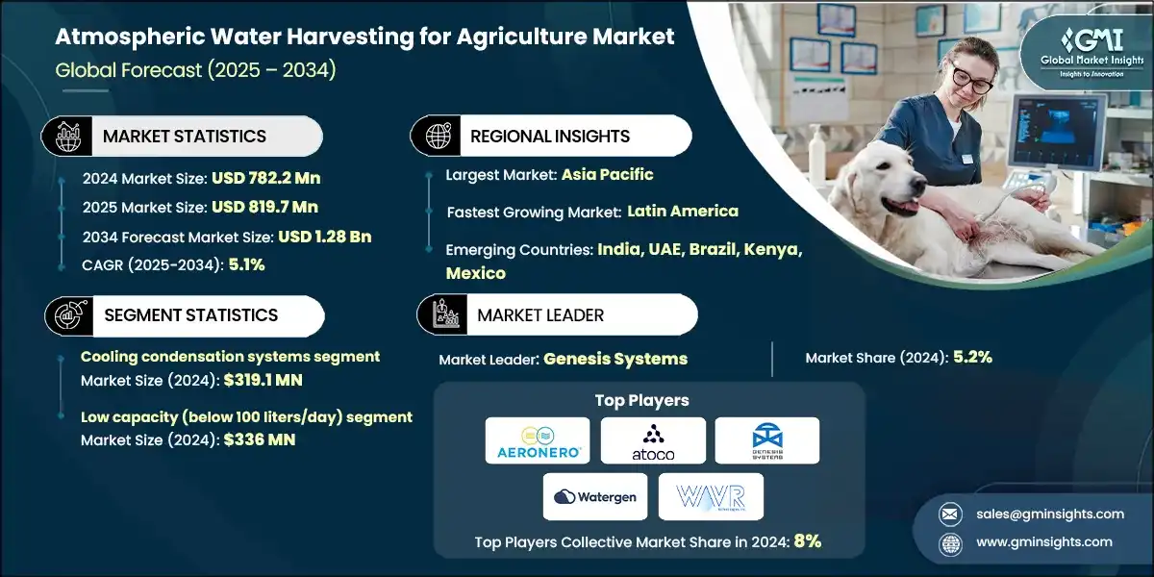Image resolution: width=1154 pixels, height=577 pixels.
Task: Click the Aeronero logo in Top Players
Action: pos(538,440)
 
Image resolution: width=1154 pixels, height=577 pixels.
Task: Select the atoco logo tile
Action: pos(653,440)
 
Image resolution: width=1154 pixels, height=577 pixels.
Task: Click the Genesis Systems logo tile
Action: pos(767,440)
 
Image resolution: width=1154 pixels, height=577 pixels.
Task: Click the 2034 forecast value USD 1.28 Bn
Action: pos(324,236)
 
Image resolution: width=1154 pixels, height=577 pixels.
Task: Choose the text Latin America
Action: pos(683,211)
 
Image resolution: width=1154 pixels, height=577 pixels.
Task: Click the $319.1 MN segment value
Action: pos(262,380)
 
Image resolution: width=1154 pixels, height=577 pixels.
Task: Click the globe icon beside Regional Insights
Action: pos(439,137)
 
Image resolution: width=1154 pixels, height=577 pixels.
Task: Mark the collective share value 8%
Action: pos(807,541)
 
